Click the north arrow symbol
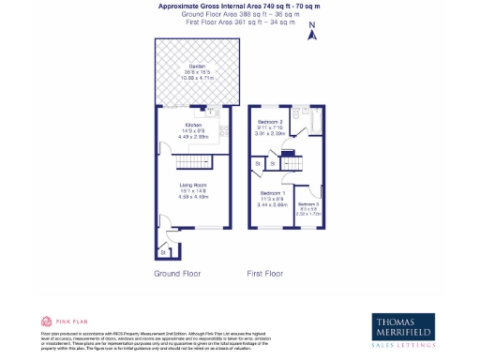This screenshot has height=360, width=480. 314,34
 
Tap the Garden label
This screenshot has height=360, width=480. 196,67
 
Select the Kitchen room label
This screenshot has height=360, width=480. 194,124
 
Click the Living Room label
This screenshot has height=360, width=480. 193,186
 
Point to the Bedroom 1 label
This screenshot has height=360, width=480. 273,193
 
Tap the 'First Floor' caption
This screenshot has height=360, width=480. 265,274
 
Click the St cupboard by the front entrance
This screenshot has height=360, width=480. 162,252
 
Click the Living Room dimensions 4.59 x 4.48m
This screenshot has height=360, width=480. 193,197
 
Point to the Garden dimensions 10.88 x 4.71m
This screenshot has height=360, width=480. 196,78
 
